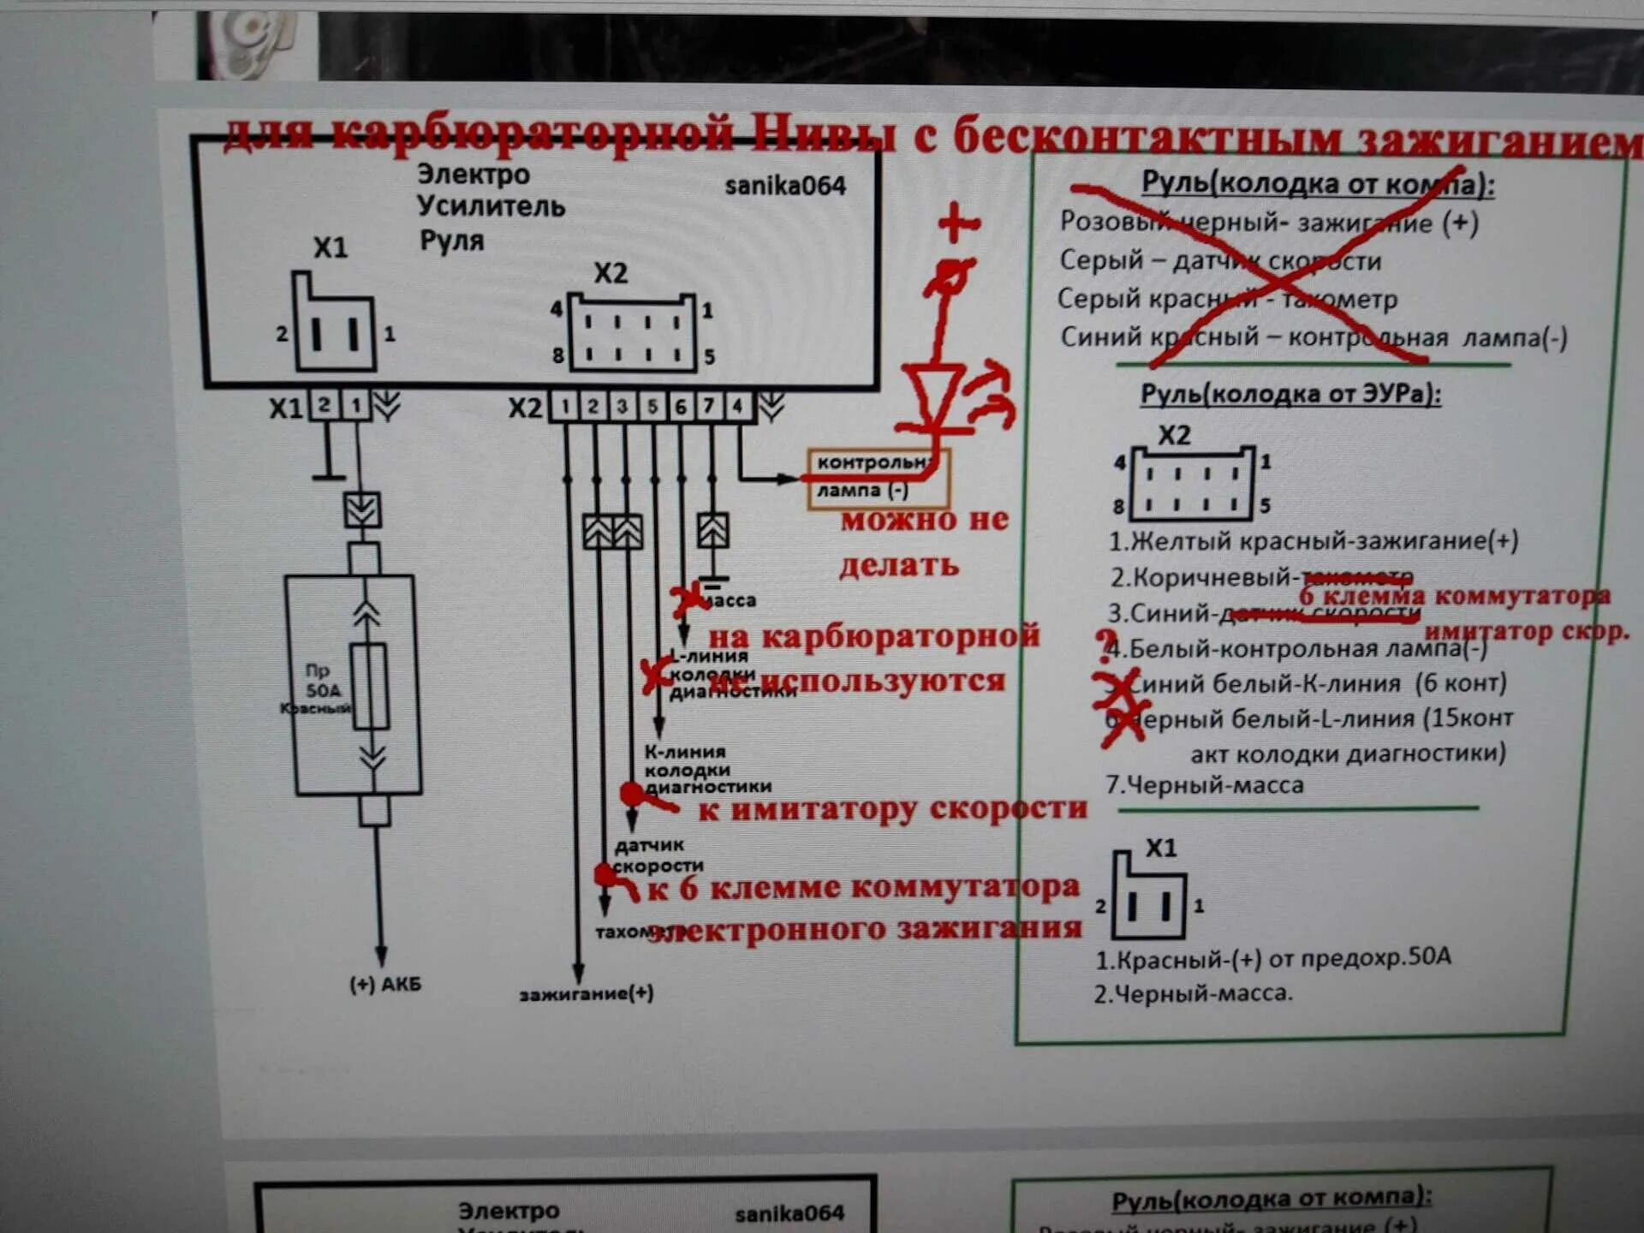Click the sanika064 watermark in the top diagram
pyautogui.click(x=784, y=186)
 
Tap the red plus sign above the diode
pyautogui.click(x=958, y=223)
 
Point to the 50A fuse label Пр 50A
pyautogui.click(x=321, y=681)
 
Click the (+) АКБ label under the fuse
pyautogui.click(x=384, y=985)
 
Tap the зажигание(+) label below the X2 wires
pyautogui.click(x=587, y=994)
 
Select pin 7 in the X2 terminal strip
pyautogui.click(x=709, y=406)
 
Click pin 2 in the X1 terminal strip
pyautogui.click(x=325, y=404)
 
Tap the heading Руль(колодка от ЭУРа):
pyautogui.click(x=1290, y=394)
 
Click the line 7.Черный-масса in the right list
pyautogui.click(x=1205, y=785)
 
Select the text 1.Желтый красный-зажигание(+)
pyautogui.click(x=1313, y=541)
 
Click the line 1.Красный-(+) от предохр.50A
pyautogui.click(x=1273, y=958)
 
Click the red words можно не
pyautogui.click(x=925, y=520)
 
